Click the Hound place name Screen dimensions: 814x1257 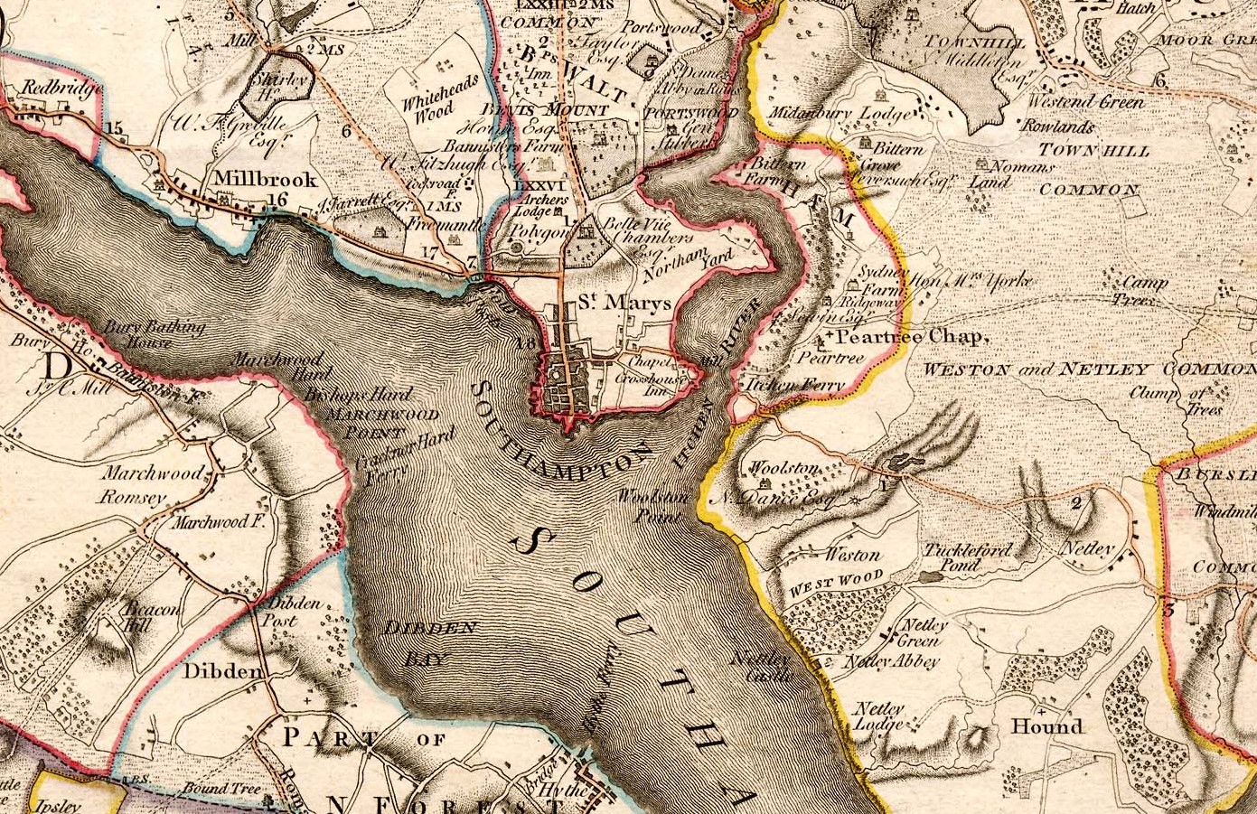tap(1046, 726)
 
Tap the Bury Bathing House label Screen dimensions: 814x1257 tap(154, 334)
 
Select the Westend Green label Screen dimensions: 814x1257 tap(1086, 102)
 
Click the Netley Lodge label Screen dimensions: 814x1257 tap(879, 716)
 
